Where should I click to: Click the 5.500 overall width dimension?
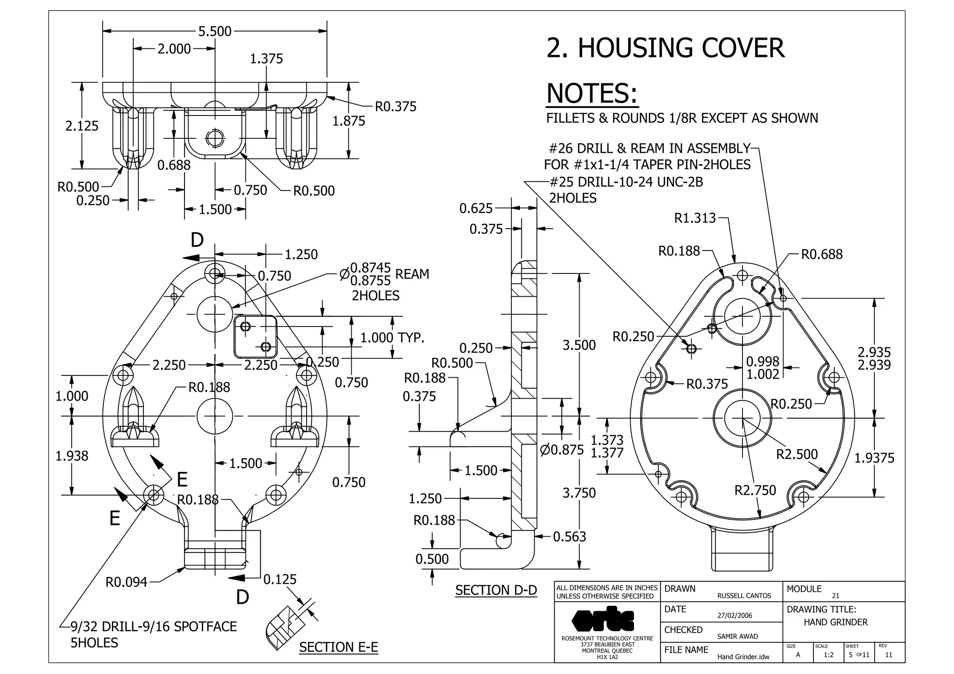pyautogui.click(x=215, y=31)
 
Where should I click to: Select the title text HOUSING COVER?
pyautogui.click(x=665, y=48)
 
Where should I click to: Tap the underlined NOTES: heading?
pyautogui.click(x=592, y=93)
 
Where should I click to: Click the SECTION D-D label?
pyautogui.click(x=496, y=590)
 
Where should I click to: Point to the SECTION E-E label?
pyautogui.click(x=338, y=647)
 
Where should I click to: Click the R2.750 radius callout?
pyautogui.click(x=755, y=490)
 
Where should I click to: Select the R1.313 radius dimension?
pyautogui.click(x=695, y=218)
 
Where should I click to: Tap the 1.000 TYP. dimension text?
pyautogui.click(x=392, y=338)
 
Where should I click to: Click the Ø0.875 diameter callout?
pyautogui.click(x=562, y=450)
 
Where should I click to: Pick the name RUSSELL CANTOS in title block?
pyautogui.click(x=744, y=596)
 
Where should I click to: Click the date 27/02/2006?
pyautogui.click(x=735, y=615)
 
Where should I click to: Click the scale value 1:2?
pyautogui.click(x=828, y=655)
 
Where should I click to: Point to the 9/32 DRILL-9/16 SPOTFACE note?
pyautogui.click(x=154, y=626)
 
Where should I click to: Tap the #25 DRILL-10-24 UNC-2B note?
pyautogui.click(x=626, y=182)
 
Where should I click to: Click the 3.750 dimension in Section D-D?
pyautogui.click(x=579, y=493)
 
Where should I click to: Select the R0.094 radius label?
pyautogui.click(x=126, y=582)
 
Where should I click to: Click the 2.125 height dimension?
pyautogui.click(x=82, y=126)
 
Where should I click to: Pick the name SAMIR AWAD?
pyautogui.click(x=737, y=636)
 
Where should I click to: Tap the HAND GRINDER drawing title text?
pyautogui.click(x=836, y=622)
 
